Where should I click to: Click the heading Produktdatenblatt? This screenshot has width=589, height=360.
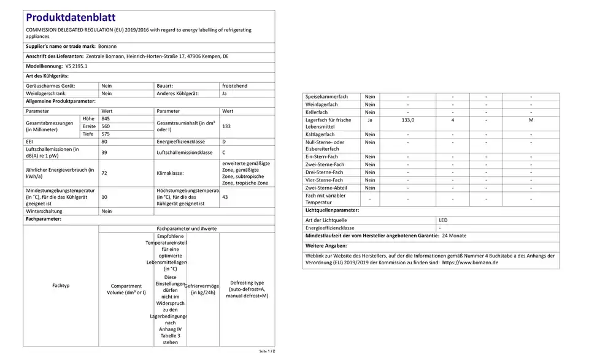71,18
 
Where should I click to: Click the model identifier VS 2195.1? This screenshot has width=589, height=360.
77,66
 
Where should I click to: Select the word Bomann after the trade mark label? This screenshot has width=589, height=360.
107,46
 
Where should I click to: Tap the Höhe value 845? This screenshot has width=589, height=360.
106,118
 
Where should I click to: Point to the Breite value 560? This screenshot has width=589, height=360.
106,126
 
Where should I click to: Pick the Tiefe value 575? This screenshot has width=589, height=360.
106,134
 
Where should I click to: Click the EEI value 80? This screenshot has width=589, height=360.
104,142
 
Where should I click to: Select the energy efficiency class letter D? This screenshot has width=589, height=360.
224,142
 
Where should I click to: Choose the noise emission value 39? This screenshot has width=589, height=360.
104,152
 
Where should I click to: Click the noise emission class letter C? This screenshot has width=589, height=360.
224,152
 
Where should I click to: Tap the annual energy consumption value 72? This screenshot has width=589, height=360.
104,174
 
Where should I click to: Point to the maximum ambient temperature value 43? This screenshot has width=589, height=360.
225,197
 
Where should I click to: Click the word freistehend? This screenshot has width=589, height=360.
234,86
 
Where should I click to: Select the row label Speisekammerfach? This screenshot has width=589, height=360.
327,97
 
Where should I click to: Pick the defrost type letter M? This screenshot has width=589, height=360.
531,120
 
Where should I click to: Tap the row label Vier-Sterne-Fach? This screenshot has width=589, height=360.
325,180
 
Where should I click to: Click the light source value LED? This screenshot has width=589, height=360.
444,220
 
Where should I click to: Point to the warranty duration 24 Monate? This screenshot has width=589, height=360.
454,236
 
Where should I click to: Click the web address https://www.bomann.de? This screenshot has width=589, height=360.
470,262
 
